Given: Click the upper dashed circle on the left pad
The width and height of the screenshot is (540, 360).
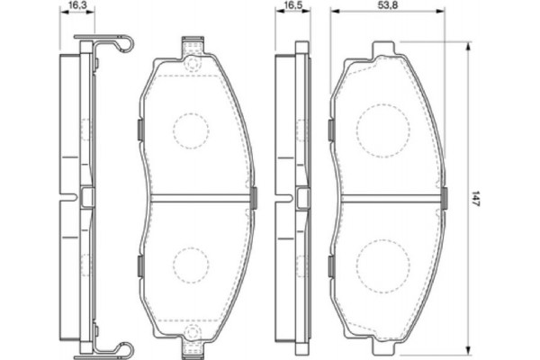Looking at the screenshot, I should [190, 130].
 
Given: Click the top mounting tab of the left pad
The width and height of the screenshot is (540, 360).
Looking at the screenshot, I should [190, 46].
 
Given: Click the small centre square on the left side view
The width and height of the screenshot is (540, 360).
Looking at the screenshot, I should [86, 196].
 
